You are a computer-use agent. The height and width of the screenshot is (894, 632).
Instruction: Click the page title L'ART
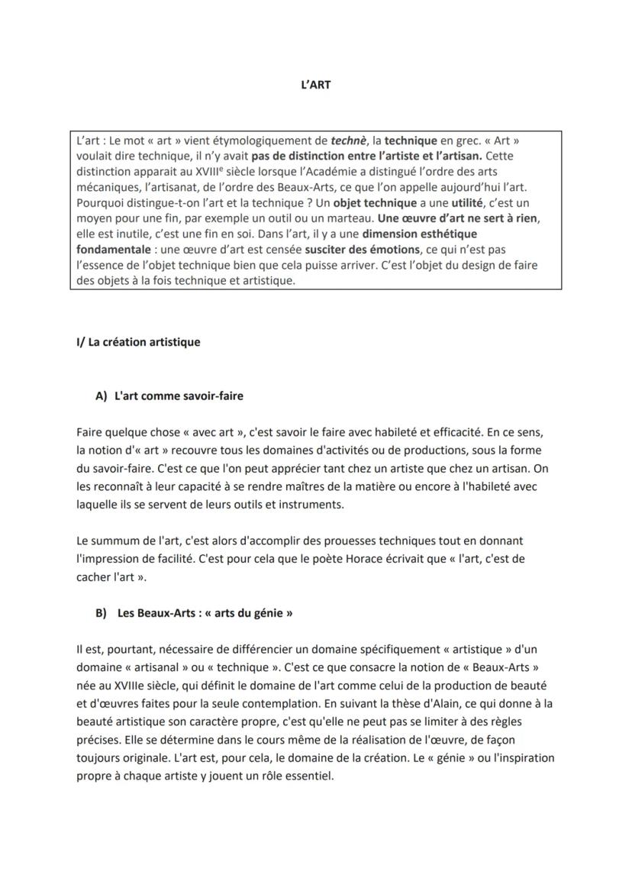(x=315, y=85)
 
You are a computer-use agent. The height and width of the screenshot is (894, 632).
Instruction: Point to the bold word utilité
(x=469, y=203)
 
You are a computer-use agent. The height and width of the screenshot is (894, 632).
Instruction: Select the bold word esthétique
(x=449, y=234)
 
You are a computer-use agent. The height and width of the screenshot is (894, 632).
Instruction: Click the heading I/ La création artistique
(x=138, y=342)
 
